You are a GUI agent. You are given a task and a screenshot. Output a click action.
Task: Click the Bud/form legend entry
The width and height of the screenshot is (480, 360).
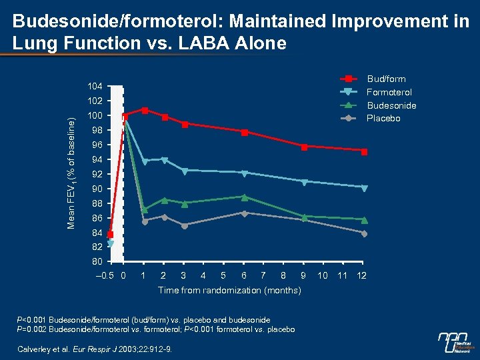(386, 79)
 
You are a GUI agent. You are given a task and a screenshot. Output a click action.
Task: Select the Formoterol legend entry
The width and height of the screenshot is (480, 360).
(389, 92)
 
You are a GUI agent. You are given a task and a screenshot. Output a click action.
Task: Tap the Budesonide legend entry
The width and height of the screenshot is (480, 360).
(391, 105)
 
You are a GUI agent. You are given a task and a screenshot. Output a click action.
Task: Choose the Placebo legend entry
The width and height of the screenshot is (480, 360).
(383, 118)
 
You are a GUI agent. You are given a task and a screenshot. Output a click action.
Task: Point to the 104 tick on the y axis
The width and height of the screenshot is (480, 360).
(95, 87)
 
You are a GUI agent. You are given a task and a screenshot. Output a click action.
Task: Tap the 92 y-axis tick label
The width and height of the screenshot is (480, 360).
(97, 174)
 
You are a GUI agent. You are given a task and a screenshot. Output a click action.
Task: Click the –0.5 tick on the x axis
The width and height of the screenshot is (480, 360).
(106, 275)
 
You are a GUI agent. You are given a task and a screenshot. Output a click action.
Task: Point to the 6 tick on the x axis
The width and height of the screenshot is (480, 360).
(245, 275)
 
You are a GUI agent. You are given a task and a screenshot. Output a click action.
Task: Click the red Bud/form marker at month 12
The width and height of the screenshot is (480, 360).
(365, 152)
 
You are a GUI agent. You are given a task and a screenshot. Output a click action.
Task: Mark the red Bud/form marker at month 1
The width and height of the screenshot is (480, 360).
(145, 111)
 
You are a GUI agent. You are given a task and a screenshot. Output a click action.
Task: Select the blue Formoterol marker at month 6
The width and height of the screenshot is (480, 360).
(245, 173)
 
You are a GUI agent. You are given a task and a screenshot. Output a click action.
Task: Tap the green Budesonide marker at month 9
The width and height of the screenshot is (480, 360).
(304, 217)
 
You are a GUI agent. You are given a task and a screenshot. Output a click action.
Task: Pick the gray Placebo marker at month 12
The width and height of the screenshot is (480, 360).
(364, 233)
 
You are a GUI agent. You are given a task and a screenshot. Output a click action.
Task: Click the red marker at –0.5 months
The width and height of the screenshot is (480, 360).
(110, 235)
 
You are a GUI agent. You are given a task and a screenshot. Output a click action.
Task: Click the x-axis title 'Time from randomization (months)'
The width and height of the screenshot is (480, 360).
(229, 291)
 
